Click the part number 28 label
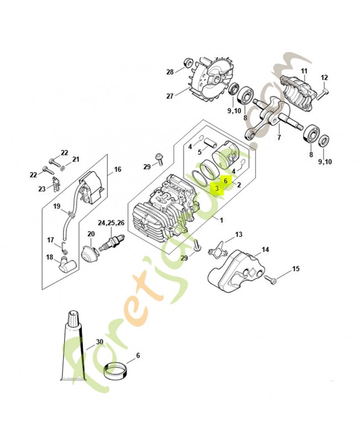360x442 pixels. pyautogui.click(x=170, y=72)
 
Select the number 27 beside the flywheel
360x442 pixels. pyautogui.click(x=170, y=96)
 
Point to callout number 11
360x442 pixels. pyautogui.click(x=304, y=71)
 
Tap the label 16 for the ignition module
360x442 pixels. pyautogui.click(x=118, y=170)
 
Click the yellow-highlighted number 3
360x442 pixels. pyautogui.click(x=217, y=188)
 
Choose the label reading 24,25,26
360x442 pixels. pyautogui.click(x=111, y=223)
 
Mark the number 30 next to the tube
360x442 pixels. pyautogui.click(x=99, y=341)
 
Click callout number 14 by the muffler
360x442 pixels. pyautogui.click(x=266, y=250)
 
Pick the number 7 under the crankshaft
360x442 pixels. pyautogui.click(x=279, y=137)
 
